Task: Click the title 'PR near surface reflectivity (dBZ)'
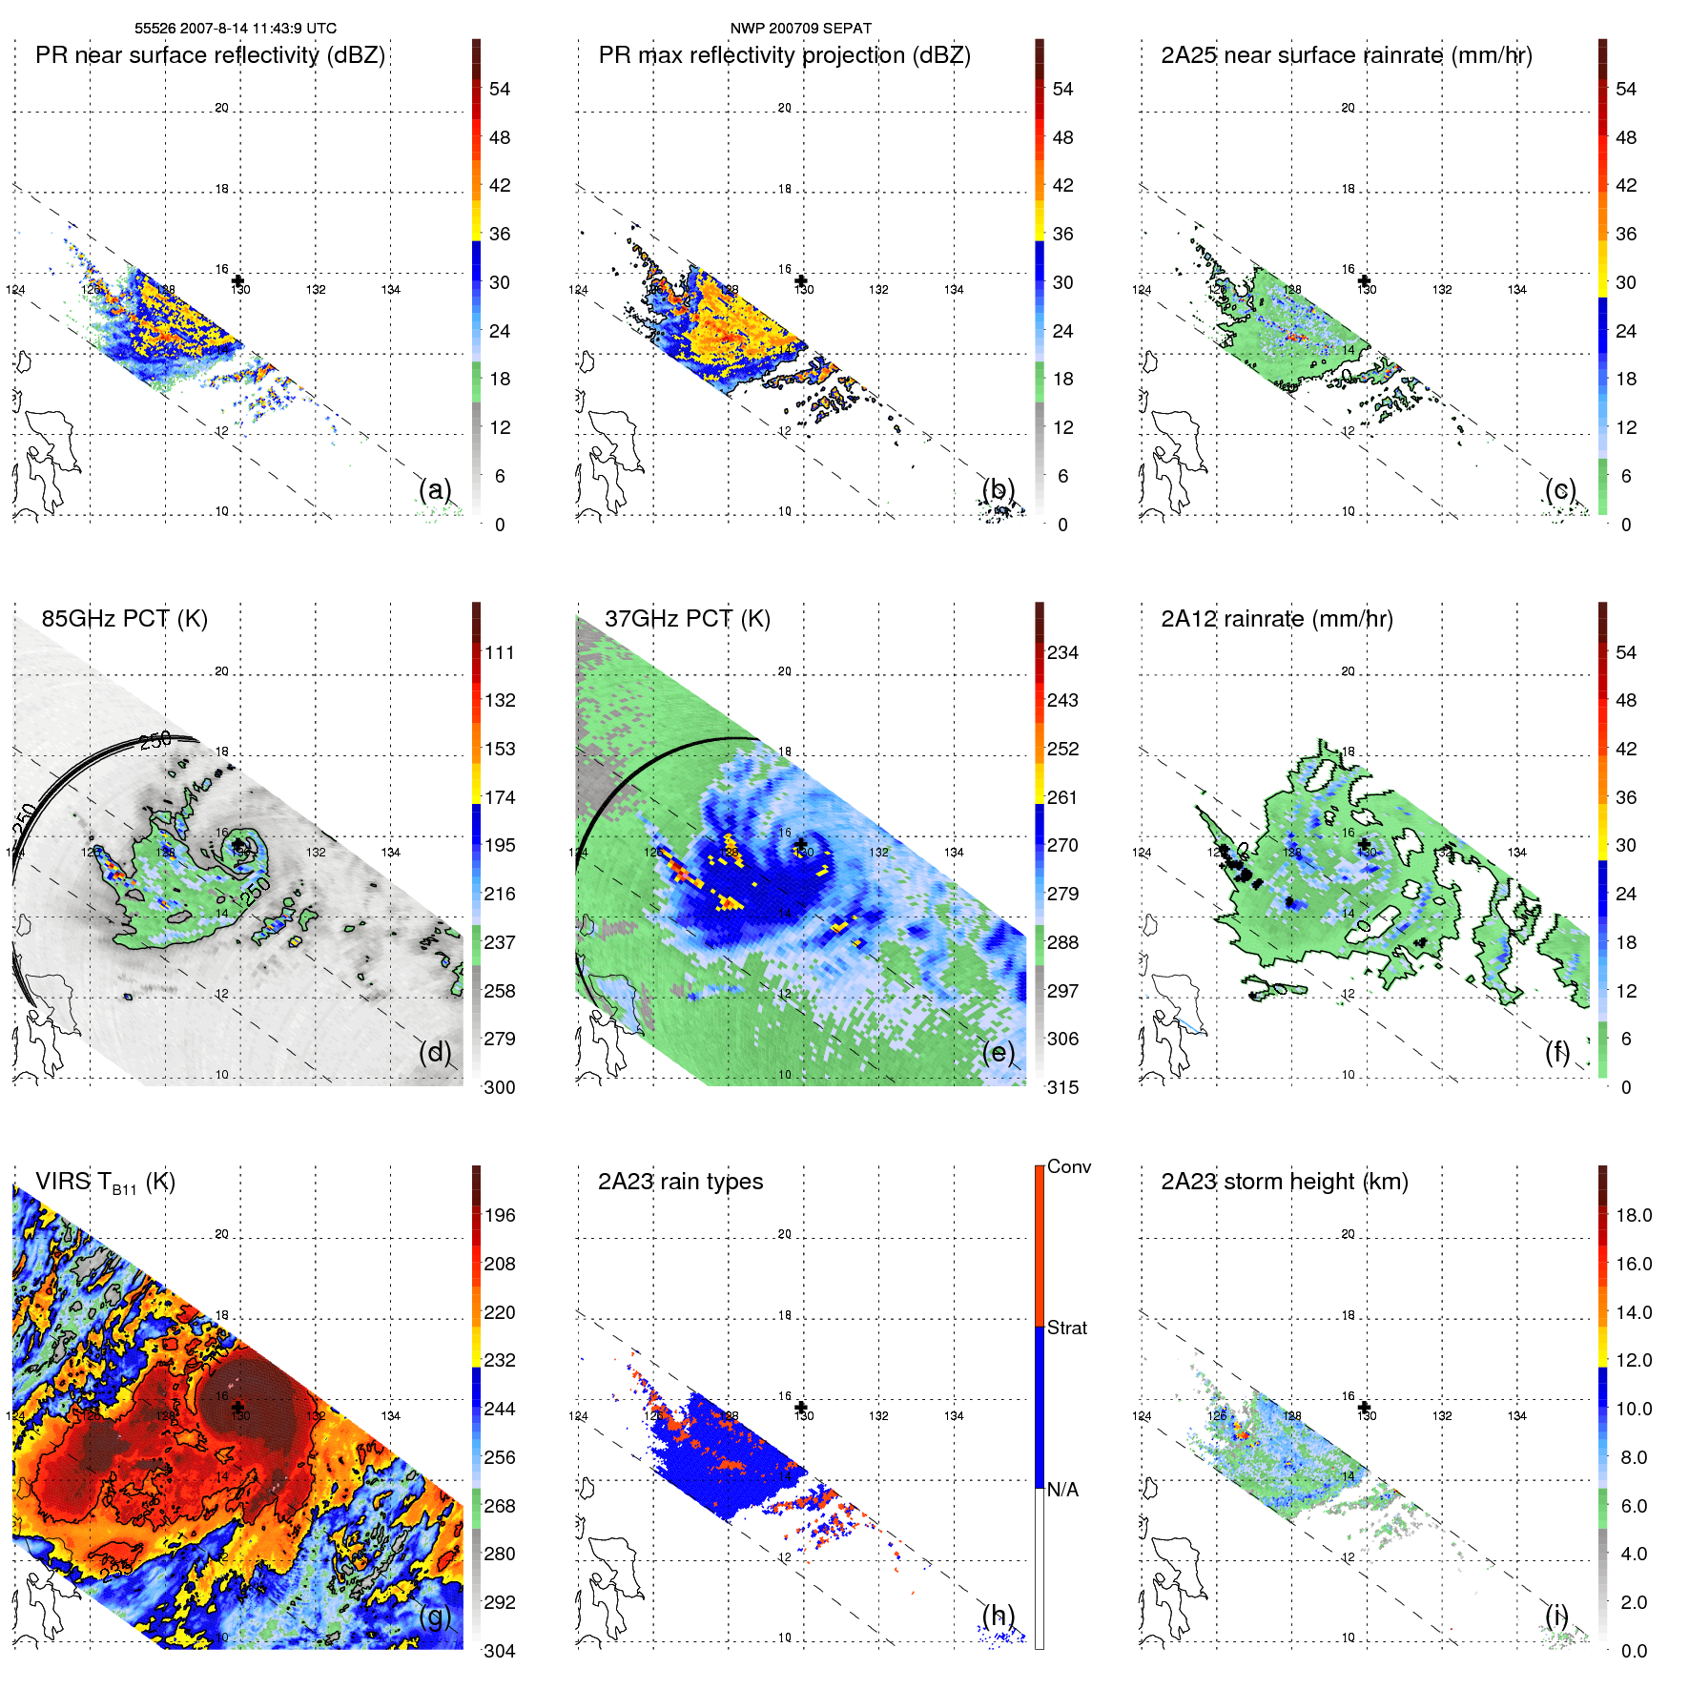[x=210, y=55]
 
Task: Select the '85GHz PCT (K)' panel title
[x=124, y=619]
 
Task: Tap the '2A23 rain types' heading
[x=680, y=1182]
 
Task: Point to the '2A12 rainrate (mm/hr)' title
[x=1276, y=619]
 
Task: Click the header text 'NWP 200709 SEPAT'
[x=800, y=29]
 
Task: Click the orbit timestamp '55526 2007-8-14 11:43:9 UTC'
[x=235, y=29]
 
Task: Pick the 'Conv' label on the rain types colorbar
[x=1068, y=1166]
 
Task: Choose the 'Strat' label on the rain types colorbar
[x=1066, y=1328]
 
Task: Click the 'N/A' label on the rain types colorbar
[x=1062, y=1490]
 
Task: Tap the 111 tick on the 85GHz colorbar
[x=499, y=652]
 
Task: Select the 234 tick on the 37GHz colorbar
[x=1062, y=652]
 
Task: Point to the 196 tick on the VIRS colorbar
[x=499, y=1215]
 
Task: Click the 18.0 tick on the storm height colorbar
[x=1633, y=1215]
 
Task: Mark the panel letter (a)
[x=435, y=489]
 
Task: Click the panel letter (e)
[x=998, y=1052]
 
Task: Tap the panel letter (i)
[x=1556, y=1616]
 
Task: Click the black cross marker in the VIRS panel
[x=237, y=1407]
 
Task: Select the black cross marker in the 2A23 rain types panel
[x=801, y=1407]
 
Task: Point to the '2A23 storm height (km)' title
[x=1284, y=1182]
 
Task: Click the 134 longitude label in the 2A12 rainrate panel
[x=1516, y=853]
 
